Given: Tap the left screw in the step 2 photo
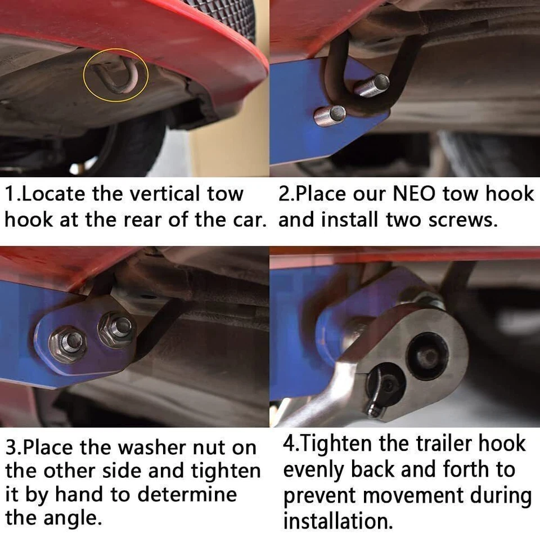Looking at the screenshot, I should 330,115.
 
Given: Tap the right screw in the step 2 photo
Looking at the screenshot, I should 372,85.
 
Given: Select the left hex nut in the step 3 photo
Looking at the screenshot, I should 67,342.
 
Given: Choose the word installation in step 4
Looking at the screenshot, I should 337,521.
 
